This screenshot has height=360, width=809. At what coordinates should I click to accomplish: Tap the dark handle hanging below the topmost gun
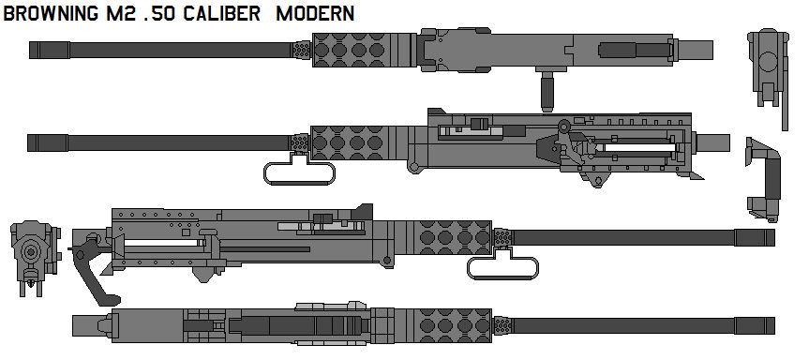click(544, 92)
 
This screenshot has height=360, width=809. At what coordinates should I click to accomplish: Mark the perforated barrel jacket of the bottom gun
click(449, 324)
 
